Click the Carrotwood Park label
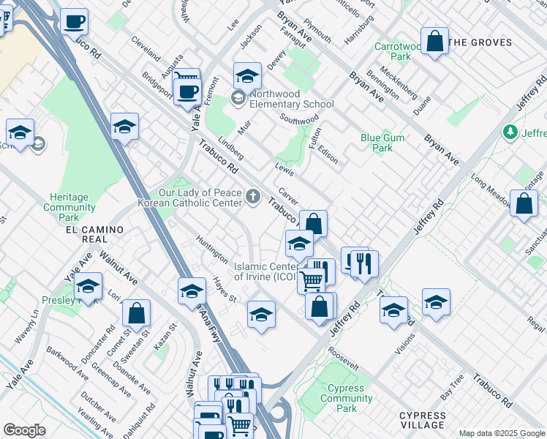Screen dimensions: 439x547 click(397, 50)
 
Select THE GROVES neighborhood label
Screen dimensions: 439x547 click(480, 43)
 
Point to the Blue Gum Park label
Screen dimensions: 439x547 click(377, 143)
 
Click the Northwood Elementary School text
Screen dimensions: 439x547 click(292, 99)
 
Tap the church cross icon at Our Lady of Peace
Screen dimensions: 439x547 click(253, 195)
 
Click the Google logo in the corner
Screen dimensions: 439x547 click(24, 430)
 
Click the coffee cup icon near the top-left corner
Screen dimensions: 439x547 click(74, 22)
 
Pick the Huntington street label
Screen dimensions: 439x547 click(211, 249)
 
